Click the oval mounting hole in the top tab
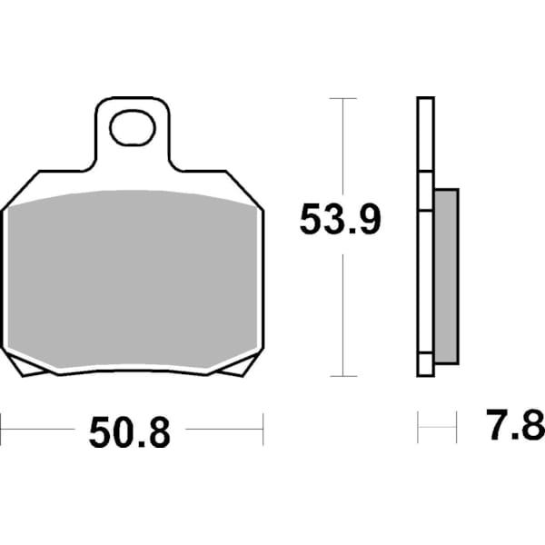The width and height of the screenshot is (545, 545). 133,128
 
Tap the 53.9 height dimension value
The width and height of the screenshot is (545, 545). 341,220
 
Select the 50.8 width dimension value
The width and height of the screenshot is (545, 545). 129,434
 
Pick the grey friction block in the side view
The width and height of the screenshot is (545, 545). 446,275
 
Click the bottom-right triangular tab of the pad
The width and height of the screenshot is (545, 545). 239,366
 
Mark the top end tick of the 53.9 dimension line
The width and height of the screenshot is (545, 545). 342,98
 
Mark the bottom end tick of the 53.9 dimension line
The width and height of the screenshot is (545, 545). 342,375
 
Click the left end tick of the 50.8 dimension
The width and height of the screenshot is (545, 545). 2,425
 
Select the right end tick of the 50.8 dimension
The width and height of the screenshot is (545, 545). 263,425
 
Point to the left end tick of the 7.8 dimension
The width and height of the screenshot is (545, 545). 418,425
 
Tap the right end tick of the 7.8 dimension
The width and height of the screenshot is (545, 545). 453,425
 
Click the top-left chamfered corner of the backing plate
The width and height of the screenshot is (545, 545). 20,189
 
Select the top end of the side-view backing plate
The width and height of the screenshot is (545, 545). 425,102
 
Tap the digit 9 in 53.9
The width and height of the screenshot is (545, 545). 366,220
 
